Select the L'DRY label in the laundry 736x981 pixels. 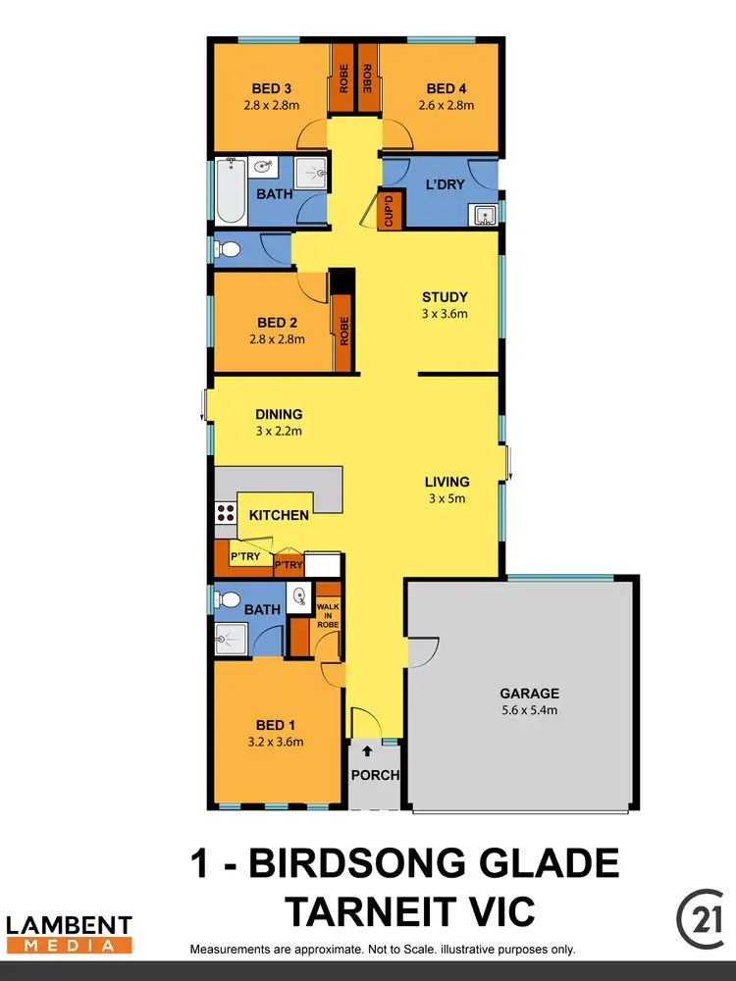coord(445,184)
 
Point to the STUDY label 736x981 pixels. coord(445,297)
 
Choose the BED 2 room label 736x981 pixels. coord(277,323)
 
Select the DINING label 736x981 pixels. coord(279,414)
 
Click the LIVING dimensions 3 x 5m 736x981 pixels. coord(447,498)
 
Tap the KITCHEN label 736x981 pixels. coord(279,515)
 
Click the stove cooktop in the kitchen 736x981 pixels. coord(224,511)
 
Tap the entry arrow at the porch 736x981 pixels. coord(368,752)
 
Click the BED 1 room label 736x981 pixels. coord(277,725)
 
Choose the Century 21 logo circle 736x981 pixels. coord(700,916)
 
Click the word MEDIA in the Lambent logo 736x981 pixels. coord(69,945)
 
